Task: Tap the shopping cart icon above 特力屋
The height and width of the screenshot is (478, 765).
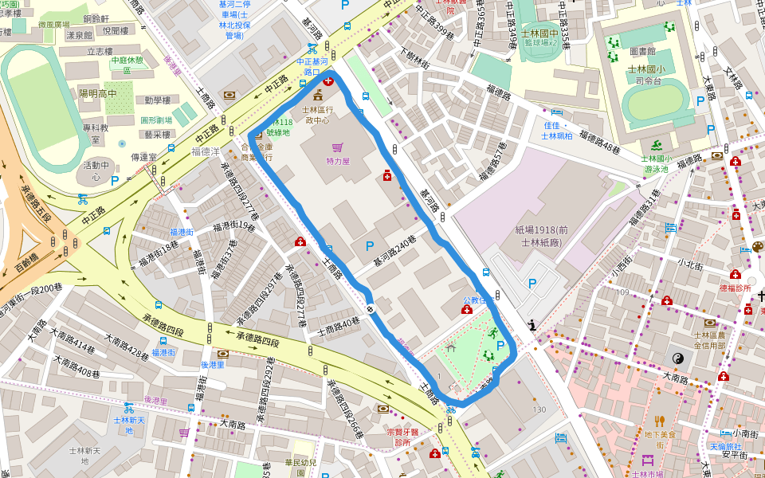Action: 338,147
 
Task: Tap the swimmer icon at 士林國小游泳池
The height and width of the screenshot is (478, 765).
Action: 656,144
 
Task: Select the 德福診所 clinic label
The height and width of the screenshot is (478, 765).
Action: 735,288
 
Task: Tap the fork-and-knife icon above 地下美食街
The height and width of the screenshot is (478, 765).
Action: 659,420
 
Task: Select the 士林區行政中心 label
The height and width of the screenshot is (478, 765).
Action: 319,114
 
